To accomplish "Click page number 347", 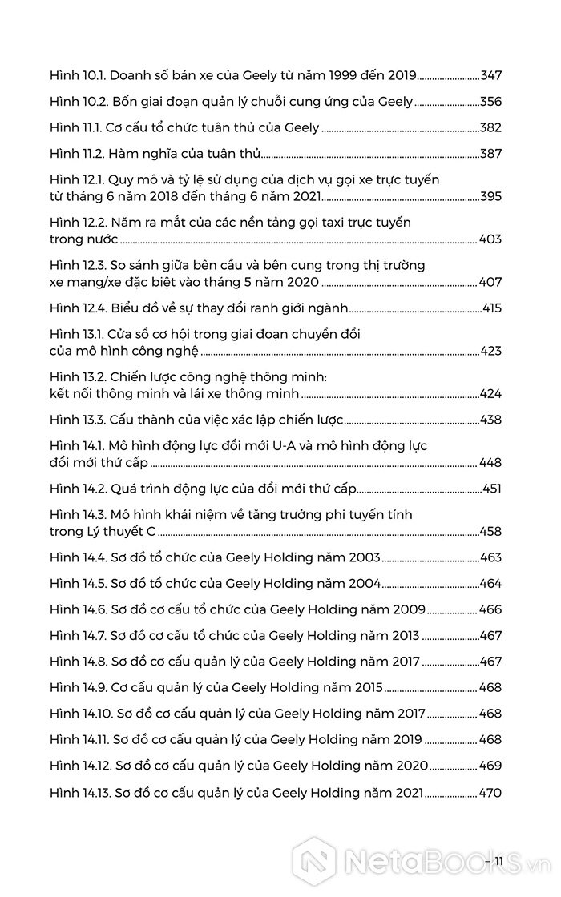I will coord(490,76).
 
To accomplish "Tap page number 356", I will coord(490,102).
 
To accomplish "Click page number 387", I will coord(490,152).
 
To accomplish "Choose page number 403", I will coord(490,239).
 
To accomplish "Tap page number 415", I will coord(491,308).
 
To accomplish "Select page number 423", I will coord(490,351).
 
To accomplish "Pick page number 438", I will coord(490,419).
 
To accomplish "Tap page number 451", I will coord(491,488).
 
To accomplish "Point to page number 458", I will coord(490,531).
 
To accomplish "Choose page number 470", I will coord(490,793).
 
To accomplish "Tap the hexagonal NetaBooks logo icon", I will coord(313,860).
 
